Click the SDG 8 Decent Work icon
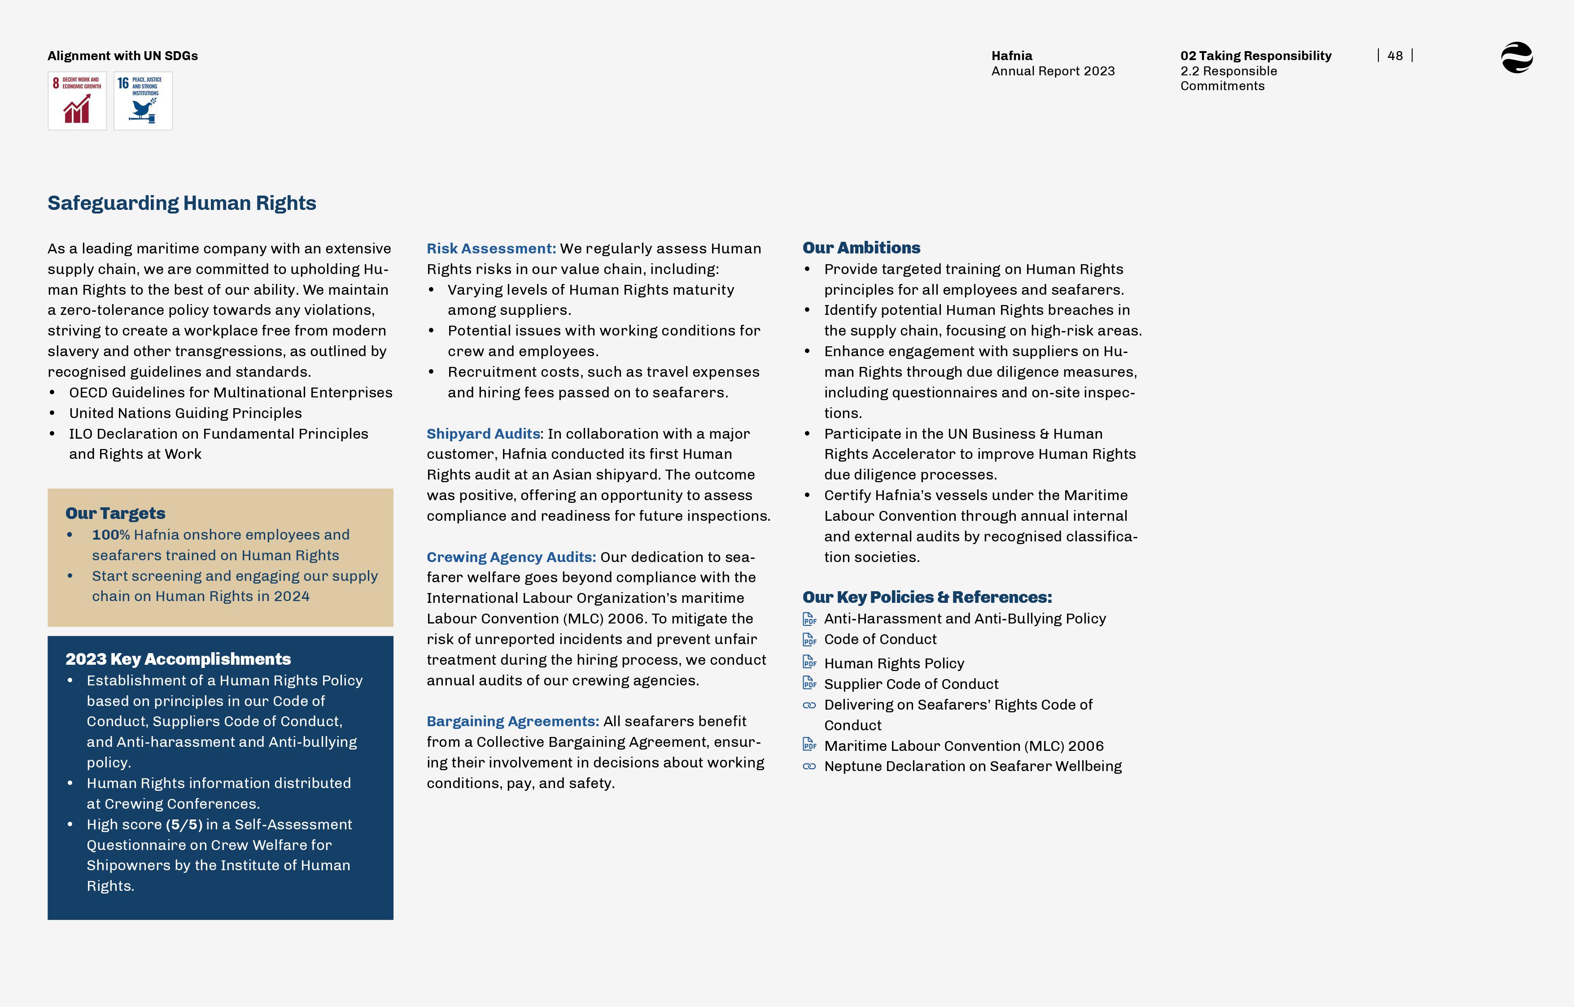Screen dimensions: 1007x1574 [x=77, y=100]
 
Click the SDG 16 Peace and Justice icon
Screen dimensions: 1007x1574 [x=143, y=100]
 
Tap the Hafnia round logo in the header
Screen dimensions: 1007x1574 [x=1517, y=57]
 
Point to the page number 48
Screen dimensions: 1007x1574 [x=1395, y=56]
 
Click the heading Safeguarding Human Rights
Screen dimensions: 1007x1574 [x=182, y=203]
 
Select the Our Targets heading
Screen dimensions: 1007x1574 [x=115, y=513]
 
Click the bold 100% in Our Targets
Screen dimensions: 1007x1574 [x=111, y=535]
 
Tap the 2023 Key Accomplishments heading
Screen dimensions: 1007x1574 [x=178, y=659]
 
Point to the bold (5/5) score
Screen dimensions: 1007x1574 [x=184, y=824]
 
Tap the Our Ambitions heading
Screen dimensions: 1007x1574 [x=861, y=248]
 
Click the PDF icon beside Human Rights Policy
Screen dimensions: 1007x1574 [x=809, y=663]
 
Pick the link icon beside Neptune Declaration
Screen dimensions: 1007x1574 [x=809, y=767]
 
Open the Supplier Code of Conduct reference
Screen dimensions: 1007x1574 [x=911, y=684]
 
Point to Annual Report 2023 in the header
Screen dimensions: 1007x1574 [x=1053, y=71]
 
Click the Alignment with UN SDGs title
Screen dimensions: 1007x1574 [x=123, y=56]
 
